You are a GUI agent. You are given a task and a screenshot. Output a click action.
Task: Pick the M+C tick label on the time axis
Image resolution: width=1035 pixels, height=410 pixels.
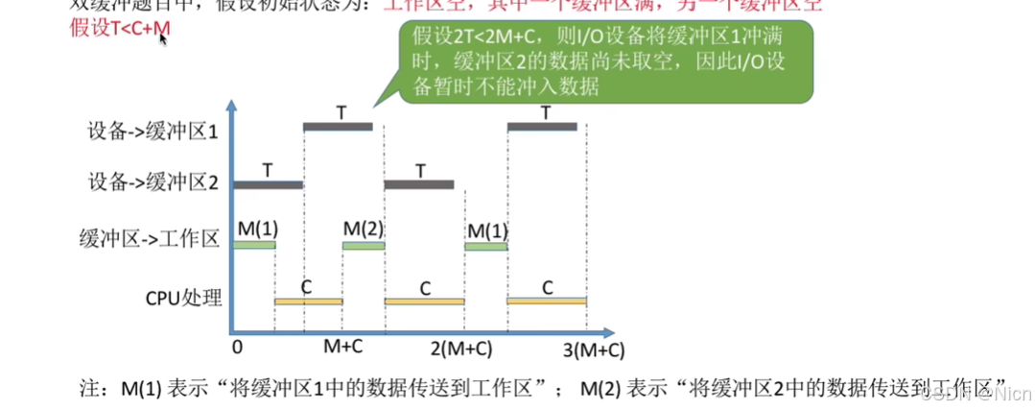coord(343,346)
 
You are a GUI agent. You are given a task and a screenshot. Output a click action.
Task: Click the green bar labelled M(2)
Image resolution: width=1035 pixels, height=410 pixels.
coord(364,246)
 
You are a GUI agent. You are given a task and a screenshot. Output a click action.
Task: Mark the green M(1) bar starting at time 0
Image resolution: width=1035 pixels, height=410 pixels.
coord(254,246)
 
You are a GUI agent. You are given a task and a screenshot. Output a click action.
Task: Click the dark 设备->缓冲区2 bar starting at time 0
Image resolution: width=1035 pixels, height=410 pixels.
coord(268,184)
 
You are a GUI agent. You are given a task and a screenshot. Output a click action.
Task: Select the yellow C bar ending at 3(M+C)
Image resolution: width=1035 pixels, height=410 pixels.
coord(546,301)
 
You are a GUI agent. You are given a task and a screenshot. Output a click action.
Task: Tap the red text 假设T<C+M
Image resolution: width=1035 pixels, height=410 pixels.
coord(120,29)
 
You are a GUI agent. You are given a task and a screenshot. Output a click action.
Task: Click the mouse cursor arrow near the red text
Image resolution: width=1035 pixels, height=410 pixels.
coord(162,39)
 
